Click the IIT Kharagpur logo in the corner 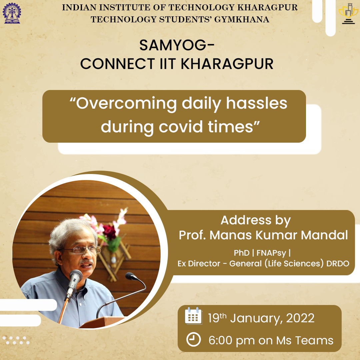tap(12, 13)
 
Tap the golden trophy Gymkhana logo tap(348, 14)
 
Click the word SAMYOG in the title tap(173, 45)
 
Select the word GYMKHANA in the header tap(242, 20)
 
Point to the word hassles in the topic tap(257, 103)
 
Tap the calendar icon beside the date tap(194, 316)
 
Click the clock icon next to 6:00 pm tap(193, 339)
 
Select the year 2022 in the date tap(300, 318)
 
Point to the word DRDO tap(338, 263)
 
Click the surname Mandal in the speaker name tap(324, 235)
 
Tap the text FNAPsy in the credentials tap(271, 253)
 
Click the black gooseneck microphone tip tap(131, 276)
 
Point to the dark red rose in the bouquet tap(110, 232)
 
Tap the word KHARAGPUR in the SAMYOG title tap(227, 64)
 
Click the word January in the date tap(256, 318)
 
